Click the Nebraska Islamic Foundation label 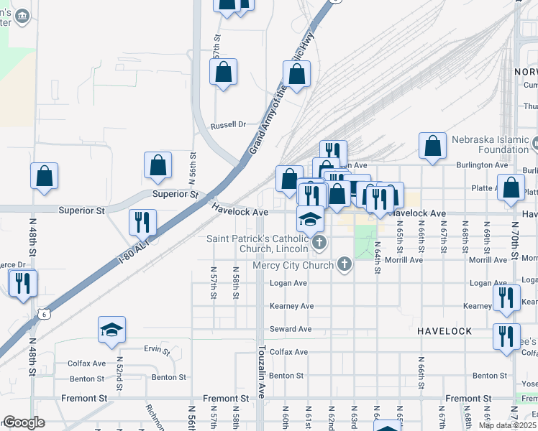[490, 144]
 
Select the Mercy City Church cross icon [345, 265]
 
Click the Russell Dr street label [228, 125]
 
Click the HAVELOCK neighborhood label [444, 330]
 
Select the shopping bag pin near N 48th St [44, 176]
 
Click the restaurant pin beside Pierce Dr [22, 282]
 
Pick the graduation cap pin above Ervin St [112, 330]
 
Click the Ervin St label [156, 351]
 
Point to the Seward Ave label [290, 329]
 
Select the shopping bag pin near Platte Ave [511, 187]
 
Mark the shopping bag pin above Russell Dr [223, 72]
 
